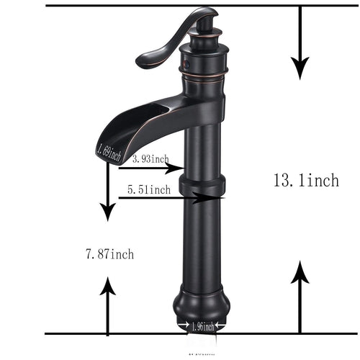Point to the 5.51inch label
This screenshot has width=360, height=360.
click(x=148, y=190)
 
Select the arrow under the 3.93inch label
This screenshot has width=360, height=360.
click(x=148, y=168)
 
